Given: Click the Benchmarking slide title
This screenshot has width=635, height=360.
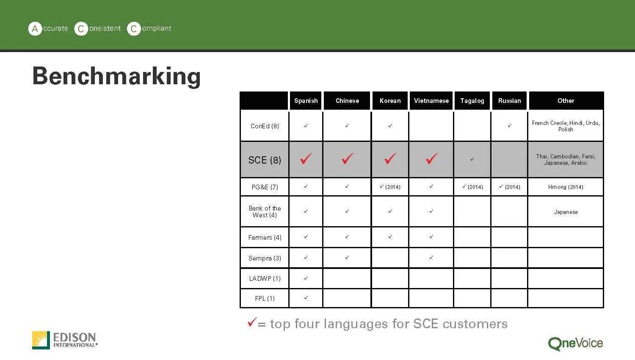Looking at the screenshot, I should click(x=116, y=76).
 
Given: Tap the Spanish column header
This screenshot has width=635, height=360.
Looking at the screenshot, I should click(x=306, y=101).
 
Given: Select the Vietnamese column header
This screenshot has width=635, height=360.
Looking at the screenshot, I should click(x=431, y=101).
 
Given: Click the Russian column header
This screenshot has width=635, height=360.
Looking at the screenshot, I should click(x=509, y=101).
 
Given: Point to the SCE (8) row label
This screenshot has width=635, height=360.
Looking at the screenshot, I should click(x=265, y=160).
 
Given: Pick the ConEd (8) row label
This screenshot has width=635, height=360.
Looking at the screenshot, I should click(x=265, y=126).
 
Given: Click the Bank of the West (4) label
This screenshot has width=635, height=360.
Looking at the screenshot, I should click(x=265, y=212).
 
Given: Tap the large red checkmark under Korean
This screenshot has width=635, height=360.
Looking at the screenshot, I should click(x=390, y=159).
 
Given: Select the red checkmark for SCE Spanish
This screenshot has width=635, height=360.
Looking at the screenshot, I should click(x=306, y=159).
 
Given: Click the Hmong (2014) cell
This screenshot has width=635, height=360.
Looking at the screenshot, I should click(x=566, y=187).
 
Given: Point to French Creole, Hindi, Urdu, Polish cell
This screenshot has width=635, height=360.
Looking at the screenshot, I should click(x=566, y=126).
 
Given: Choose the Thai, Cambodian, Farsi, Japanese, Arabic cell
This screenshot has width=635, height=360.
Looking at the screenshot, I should click(x=566, y=160).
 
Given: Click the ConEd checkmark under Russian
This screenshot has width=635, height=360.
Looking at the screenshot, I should click(x=509, y=126).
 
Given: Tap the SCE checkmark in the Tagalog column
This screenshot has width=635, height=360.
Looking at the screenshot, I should click(x=472, y=159).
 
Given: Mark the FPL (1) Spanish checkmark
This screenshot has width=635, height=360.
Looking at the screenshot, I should click(x=306, y=298).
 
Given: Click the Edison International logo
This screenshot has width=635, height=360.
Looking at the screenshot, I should click(x=65, y=340).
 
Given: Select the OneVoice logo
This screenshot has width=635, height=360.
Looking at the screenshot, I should click(x=575, y=343).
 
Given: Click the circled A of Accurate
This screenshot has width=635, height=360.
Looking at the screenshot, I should click(x=35, y=29).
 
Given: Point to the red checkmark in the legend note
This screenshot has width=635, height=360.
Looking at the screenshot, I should click(x=252, y=322).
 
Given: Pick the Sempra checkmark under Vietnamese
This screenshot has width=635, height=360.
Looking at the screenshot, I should click(x=431, y=258).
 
